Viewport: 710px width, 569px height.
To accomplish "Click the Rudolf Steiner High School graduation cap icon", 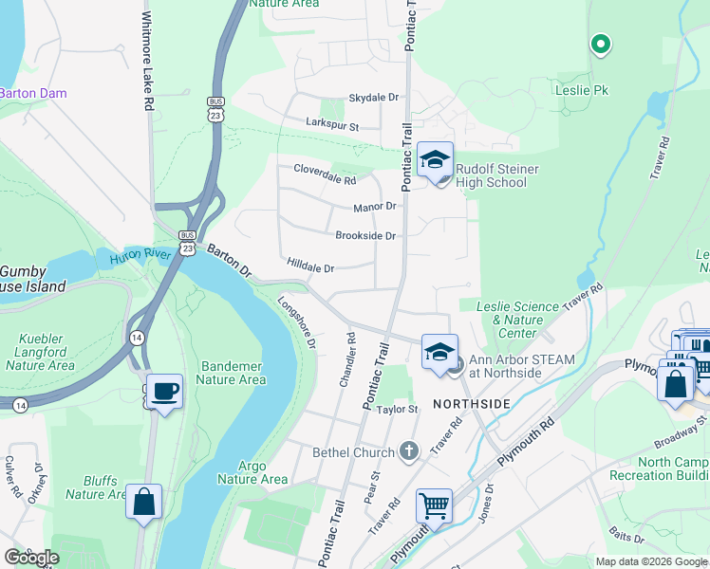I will (436, 160).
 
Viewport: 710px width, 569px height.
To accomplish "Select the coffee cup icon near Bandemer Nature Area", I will (164, 391).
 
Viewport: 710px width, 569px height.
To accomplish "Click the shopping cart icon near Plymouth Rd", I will (434, 506).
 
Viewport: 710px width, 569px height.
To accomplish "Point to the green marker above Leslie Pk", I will (600, 43).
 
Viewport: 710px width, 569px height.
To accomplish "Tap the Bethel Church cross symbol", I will (409, 450).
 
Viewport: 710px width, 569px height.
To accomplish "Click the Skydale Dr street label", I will (374, 98).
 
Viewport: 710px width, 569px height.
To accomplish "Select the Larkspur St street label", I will (331, 124).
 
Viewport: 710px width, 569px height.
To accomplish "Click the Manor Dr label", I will (374, 207).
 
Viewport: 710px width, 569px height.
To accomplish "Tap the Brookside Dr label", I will (364, 236).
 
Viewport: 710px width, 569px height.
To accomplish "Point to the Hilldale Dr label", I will (309, 268).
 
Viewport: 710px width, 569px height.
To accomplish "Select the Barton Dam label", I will (30, 93).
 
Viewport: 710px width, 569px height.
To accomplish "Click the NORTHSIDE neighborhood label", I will (472, 405).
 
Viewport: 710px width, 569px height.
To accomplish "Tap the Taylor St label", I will (397, 409).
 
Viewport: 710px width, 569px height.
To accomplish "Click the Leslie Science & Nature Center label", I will (518, 320).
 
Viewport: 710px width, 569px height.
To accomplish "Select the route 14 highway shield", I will (138, 338).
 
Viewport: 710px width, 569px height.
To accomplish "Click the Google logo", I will (31, 558).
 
